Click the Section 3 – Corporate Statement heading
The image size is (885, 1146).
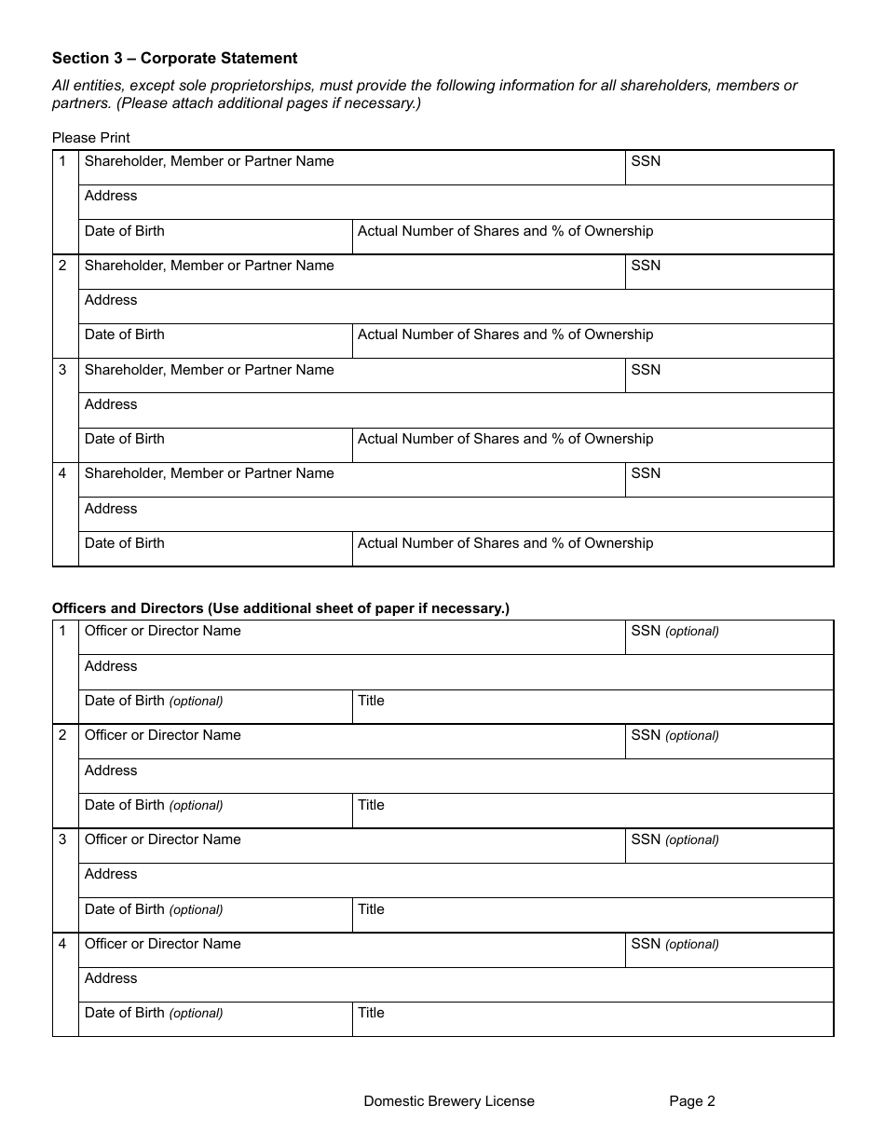tap(174, 59)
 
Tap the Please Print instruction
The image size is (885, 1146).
tap(91, 138)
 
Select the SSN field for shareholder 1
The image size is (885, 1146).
tap(728, 168)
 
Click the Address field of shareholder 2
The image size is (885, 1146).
tap(456, 307)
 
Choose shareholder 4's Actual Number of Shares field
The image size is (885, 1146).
tap(592, 549)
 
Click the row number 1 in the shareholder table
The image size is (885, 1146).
tap(63, 161)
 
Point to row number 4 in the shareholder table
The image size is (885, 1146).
tap(63, 473)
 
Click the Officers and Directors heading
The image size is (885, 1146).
tap(280, 608)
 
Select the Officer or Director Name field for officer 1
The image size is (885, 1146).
tap(351, 637)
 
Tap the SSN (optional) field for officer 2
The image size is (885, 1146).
tap(728, 742)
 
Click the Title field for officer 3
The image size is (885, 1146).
tap(592, 915)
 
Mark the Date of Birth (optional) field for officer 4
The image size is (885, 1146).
tap(215, 1019)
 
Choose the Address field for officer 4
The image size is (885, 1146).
tap(456, 985)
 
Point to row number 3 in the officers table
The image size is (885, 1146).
tap(63, 839)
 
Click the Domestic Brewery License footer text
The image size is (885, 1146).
tap(449, 1101)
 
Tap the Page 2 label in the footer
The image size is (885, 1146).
tap(692, 1101)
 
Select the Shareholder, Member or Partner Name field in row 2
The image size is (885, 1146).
tap(351, 272)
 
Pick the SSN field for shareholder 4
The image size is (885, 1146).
tap(728, 480)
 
